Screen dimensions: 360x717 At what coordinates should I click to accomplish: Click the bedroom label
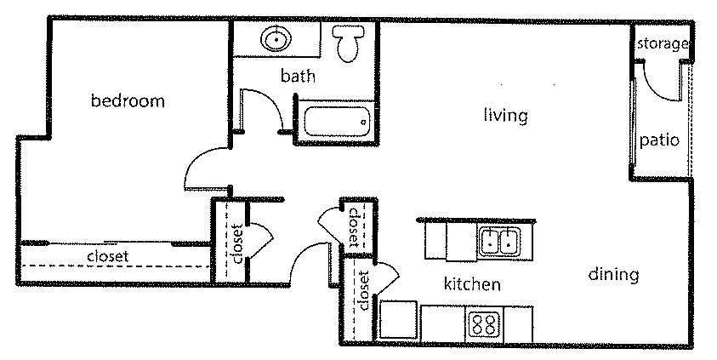(128, 101)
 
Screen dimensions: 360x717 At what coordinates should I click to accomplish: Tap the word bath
(298, 76)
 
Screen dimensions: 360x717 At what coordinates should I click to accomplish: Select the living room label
(505, 115)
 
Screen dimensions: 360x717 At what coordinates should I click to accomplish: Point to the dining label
(612, 274)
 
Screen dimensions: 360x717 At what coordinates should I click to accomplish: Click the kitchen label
(472, 284)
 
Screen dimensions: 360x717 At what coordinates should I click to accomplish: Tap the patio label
(660, 140)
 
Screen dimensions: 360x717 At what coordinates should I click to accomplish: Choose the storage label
(661, 43)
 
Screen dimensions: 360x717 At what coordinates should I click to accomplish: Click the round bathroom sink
(276, 39)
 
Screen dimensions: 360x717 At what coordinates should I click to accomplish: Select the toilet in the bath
(346, 43)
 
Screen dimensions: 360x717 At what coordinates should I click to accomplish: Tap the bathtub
(335, 121)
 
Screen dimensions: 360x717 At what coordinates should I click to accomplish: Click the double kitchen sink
(499, 243)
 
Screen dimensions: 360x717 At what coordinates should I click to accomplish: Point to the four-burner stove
(484, 324)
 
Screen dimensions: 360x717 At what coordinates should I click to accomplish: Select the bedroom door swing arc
(204, 166)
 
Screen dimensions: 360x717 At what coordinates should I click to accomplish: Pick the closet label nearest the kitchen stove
(364, 290)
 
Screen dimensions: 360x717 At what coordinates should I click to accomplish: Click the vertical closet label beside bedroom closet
(237, 242)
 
